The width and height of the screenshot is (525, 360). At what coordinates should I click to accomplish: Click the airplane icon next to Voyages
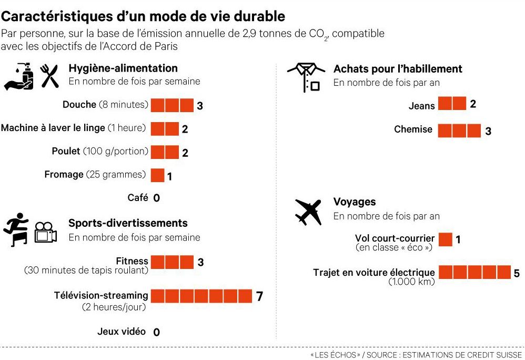[308, 212]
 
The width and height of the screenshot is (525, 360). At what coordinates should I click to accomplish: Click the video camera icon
[46, 233]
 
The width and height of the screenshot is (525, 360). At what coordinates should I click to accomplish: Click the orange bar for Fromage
[157, 175]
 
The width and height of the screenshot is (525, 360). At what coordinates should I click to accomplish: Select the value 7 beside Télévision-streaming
[259, 296]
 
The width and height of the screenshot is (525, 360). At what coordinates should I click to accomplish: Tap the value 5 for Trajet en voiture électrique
[517, 273]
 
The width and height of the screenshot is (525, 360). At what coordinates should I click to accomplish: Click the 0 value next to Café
[156, 198]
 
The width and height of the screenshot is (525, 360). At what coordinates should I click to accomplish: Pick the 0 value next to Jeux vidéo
[156, 332]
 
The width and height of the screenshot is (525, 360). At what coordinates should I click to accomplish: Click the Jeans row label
[422, 106]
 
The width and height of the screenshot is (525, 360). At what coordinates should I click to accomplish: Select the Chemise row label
[413, 129]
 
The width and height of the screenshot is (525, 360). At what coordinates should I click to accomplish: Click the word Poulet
[66, 152]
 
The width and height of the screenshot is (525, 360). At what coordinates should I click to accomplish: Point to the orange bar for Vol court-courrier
[445, 239]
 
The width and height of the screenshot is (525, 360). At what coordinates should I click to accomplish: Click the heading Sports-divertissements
[128, 223]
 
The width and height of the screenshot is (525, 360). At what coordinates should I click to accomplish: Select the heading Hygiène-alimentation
[123, 68]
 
